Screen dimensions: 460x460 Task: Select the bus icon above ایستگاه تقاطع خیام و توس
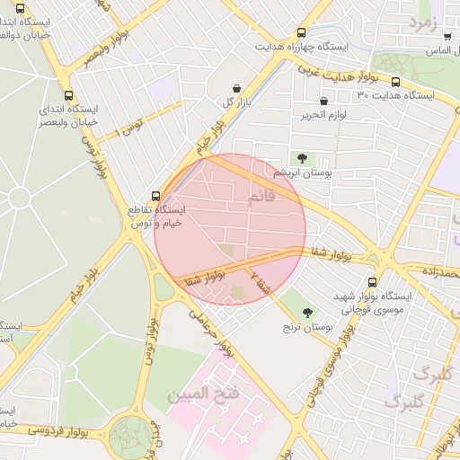click(x=155, y=195)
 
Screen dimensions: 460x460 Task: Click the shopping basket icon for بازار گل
click(x=236, y=89)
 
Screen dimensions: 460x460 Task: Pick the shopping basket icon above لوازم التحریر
click(x=323, y=102)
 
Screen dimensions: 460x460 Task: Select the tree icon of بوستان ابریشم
click(x=301, y=158)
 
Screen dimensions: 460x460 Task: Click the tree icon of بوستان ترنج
click(x=307, y=313)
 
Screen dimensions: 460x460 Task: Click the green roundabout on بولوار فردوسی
click(x=131, y=436)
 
